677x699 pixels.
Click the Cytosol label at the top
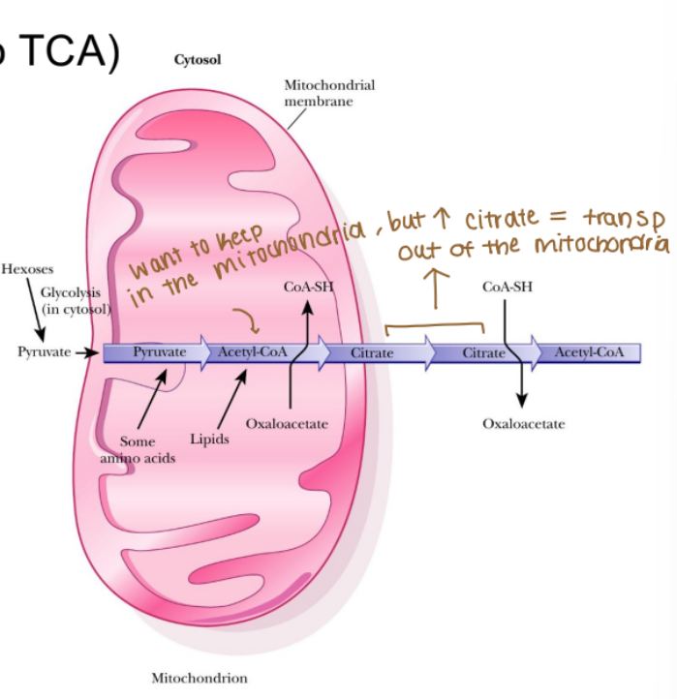[x=198, y=60]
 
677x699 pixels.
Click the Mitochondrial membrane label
[x=328, y=93]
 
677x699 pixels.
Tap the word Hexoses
[x=28, y=269]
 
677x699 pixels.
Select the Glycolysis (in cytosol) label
[x=76, y=300]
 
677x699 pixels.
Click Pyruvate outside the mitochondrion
[x=45, y=351]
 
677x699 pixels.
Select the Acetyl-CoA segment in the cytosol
[x=589, y=352]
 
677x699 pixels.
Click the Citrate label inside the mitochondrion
[x=372, y=353]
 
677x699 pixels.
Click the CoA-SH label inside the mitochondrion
[x=308, y=288]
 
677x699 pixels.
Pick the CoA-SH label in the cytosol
[x=507, y=288]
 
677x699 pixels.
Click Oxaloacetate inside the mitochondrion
[x=287, y=424]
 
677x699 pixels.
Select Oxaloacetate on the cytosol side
[x=523, y=424]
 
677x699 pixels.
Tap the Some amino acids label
[x=138, y=449]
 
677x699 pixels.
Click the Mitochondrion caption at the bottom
[x=199, y=678]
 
